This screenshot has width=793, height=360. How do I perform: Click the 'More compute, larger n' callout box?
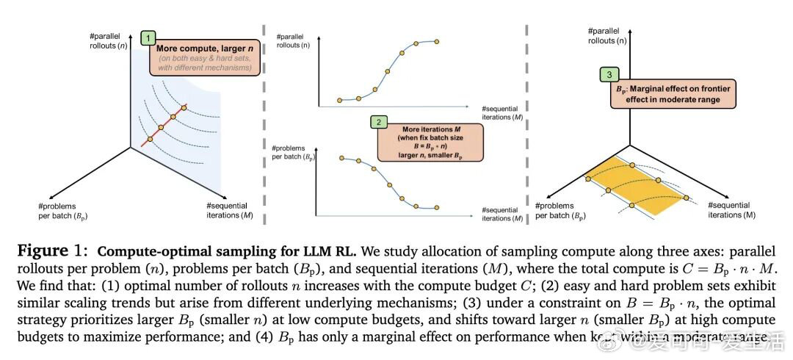click(x=201, y=57)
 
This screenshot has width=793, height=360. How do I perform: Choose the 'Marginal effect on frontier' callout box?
click(x=673, y=94)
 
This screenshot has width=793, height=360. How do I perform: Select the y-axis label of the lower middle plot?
click(x=292, y=154)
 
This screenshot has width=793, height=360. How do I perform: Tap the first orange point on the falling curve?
click(x=341, y=158)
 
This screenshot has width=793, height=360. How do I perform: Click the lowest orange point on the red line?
click(x=149, y=138)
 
